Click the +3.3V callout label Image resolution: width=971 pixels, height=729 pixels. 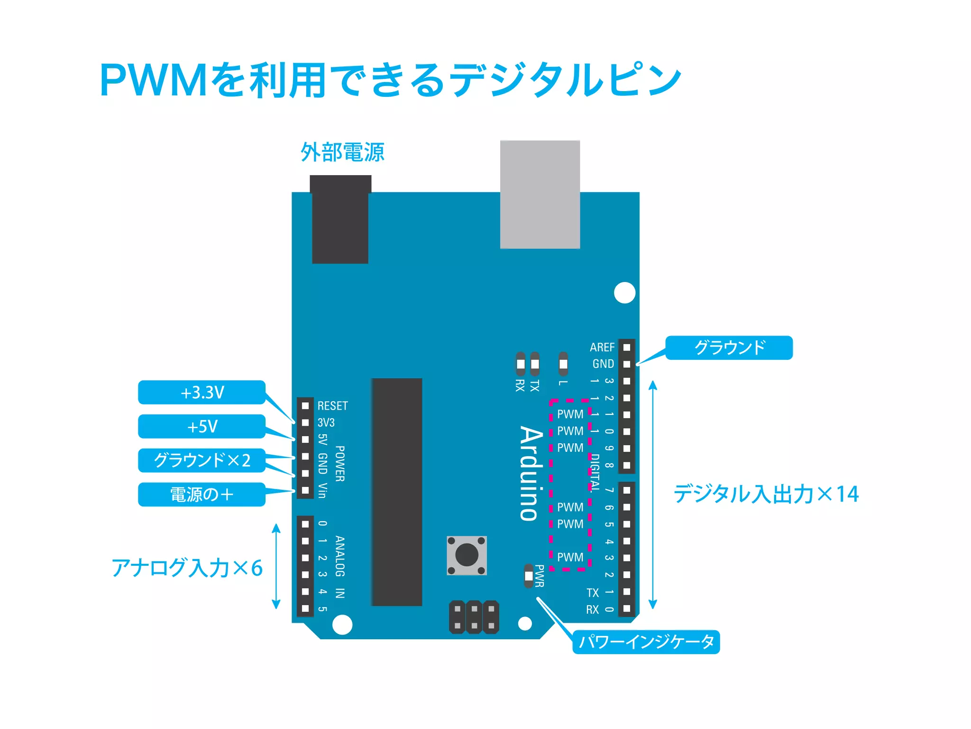pyautogui.click(x=202, y=393)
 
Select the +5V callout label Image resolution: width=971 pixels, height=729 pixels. pyautogui.click(x=202, y=426)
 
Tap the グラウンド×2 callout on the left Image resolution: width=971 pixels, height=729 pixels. pyautogui.click(x=202, y=460)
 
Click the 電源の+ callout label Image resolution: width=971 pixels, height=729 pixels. pyautogui.click(x=202, y=495)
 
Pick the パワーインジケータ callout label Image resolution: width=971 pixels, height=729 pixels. pyautogui.click(x=646, y=642)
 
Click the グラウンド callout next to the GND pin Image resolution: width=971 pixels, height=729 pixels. pyautogui.click(x=729, y=347)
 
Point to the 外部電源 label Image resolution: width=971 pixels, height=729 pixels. pyautogui.click(x=342, y=152)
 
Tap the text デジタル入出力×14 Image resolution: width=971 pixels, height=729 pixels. pyautogui.click(x=766, y=494)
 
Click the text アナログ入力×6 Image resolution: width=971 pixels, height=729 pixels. pyautogui.click(x=187, y=568)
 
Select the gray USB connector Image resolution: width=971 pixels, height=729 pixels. pyautogui.click(x=540, y=194)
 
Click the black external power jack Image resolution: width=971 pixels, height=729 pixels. pyautogui.click(x=340, y=219)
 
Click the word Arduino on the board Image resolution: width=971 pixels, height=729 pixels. pyautogui.click(x=531, y=473)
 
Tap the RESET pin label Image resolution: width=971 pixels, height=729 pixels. pyautogui.click(x=332, y=406)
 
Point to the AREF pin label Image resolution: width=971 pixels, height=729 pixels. pyautogui.click(x=602, y=347)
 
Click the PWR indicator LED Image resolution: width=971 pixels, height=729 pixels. pyautogui.click(x=529, y=576)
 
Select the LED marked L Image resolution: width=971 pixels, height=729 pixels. pyautogui.click(x=563, y=364)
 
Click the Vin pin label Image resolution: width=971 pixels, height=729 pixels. pyautogui.click(x=322, y=491)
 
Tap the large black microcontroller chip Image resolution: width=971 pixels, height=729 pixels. pyautogui.click(x=397, y=492)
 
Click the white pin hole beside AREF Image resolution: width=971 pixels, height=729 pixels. pyautogui.click(x=627, y=347)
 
